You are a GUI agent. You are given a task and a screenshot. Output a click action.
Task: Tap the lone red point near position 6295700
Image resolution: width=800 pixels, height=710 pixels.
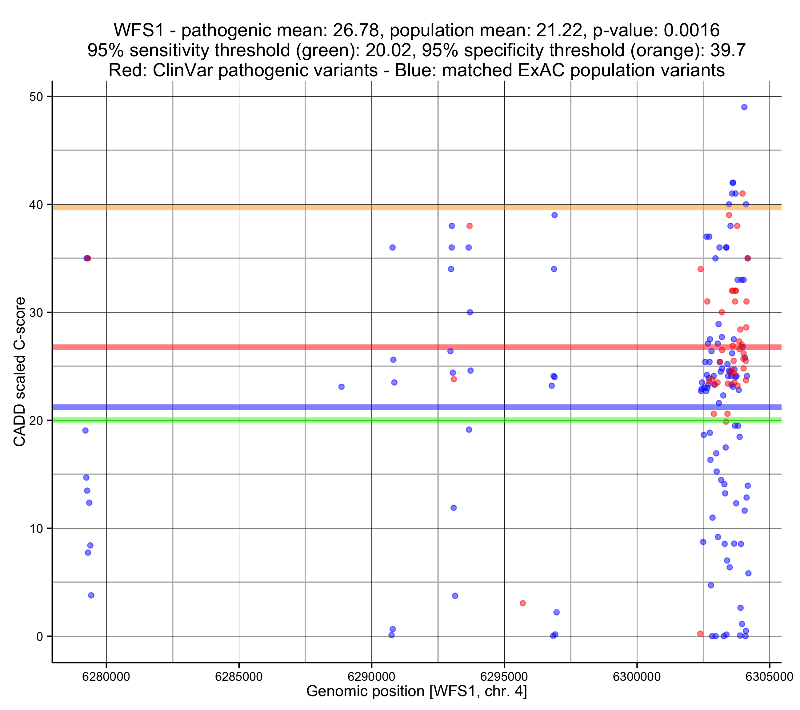tap(522, 603)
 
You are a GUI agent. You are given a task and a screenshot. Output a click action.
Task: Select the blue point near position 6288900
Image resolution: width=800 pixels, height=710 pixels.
tap(341, 387)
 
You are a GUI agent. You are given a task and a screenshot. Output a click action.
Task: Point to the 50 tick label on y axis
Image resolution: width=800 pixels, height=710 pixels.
tap(36, 97)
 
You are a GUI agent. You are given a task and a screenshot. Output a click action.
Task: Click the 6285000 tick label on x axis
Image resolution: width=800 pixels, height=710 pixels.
tap(239, 677)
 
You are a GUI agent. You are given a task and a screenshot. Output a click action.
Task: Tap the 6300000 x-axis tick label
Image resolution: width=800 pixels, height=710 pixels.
tap(637, 677)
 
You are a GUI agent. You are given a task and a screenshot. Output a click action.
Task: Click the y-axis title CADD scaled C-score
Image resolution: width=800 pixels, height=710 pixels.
tap(20, 372)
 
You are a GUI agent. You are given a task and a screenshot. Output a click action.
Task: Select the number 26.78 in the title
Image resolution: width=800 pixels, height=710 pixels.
tap(356, 30)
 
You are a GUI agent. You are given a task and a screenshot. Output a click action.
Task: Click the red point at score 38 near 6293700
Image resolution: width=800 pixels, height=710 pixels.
tap(469, 226)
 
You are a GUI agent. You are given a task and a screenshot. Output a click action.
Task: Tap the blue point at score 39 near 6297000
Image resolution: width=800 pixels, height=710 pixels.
tap(554, 215)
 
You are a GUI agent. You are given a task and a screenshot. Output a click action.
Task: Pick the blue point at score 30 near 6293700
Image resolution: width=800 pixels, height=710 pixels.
tap(470, 312)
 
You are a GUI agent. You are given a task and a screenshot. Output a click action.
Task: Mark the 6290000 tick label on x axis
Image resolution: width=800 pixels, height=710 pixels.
tap(371, 677)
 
